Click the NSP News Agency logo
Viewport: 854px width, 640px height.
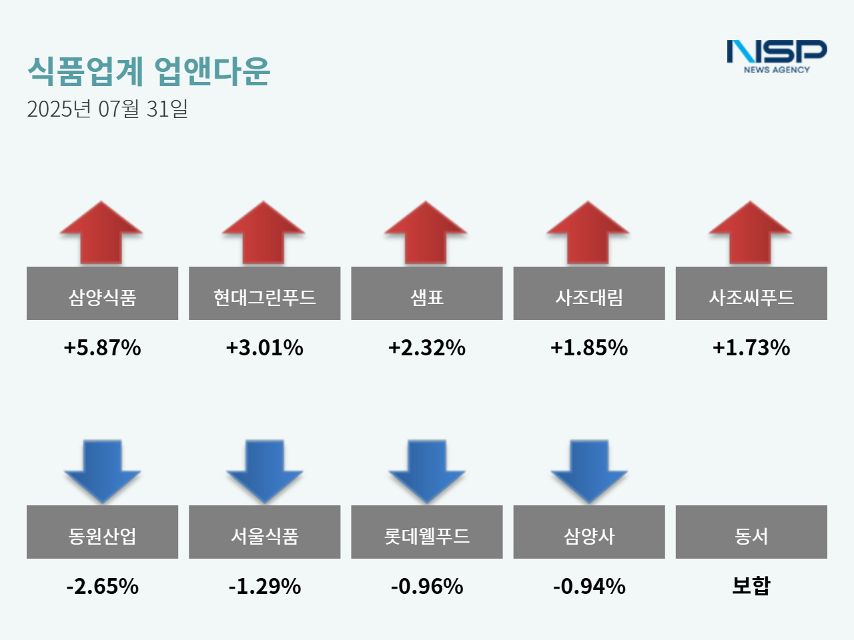pyautogui.click(x=777, y=56)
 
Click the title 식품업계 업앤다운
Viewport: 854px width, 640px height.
pyautogui.click(x=149, y=71)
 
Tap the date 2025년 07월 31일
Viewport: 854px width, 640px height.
pyautogui.click(x=107, y=109)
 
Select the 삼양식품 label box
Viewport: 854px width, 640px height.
pyautogui.click(x=102, y=294)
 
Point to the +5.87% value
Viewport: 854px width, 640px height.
pyautogui.click(x=102, y=347)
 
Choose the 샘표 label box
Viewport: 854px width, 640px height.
pyautogui.click(x=427, y=294)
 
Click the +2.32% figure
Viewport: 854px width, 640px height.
pyautogui.click(x=427, y=347)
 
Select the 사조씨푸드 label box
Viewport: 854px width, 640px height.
pyautogui.click(x=751, y=294)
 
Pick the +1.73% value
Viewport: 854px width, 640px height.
pyautogui.click(x=751, y=347)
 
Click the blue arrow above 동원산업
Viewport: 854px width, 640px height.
pyautogui.click(x=102, y=471)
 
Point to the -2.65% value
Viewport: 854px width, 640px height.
pyautogui.click(x=102, y=586)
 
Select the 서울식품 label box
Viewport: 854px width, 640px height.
pyautogui.click(x=264, y=533)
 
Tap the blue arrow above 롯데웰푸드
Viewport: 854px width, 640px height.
pyautogui.click(x=427, y=471)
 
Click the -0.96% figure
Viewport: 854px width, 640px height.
pyautogui.click(x=427, y=586)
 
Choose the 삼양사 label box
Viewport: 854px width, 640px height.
pyautogui.click(x=589, y=533)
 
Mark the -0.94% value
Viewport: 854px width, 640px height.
pyautogui.click(x=589, y=586)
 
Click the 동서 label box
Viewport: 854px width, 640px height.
pyautogui.click(x=751, y=533)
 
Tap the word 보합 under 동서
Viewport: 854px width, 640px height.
pyautogui.click(x=751, y=585)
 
